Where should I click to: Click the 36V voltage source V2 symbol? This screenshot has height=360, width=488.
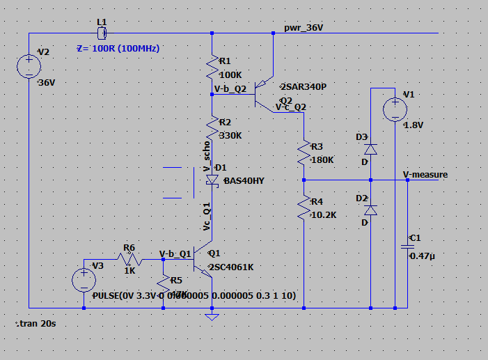(29, 67)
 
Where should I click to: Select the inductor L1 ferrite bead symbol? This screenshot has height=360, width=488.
(102, 33)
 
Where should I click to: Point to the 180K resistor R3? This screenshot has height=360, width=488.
(304, 154)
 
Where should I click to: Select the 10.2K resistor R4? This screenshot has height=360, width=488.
(304, 208)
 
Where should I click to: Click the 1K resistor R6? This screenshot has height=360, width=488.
(130, 260)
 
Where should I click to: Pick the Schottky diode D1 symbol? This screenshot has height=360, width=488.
(212, 179)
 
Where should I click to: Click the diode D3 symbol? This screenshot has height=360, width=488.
(370, 148)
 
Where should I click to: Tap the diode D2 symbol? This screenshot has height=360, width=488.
(370, 210)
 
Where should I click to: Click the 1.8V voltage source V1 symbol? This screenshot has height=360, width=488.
(395, 109)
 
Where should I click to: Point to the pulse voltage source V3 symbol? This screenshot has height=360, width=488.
(83, 280)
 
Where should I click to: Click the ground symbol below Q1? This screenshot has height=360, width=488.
(212, 317)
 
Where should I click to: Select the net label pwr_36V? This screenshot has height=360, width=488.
(304, 27)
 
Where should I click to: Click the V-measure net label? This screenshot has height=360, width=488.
(425, 175)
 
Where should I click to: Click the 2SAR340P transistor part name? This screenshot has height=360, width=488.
(302, 87)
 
